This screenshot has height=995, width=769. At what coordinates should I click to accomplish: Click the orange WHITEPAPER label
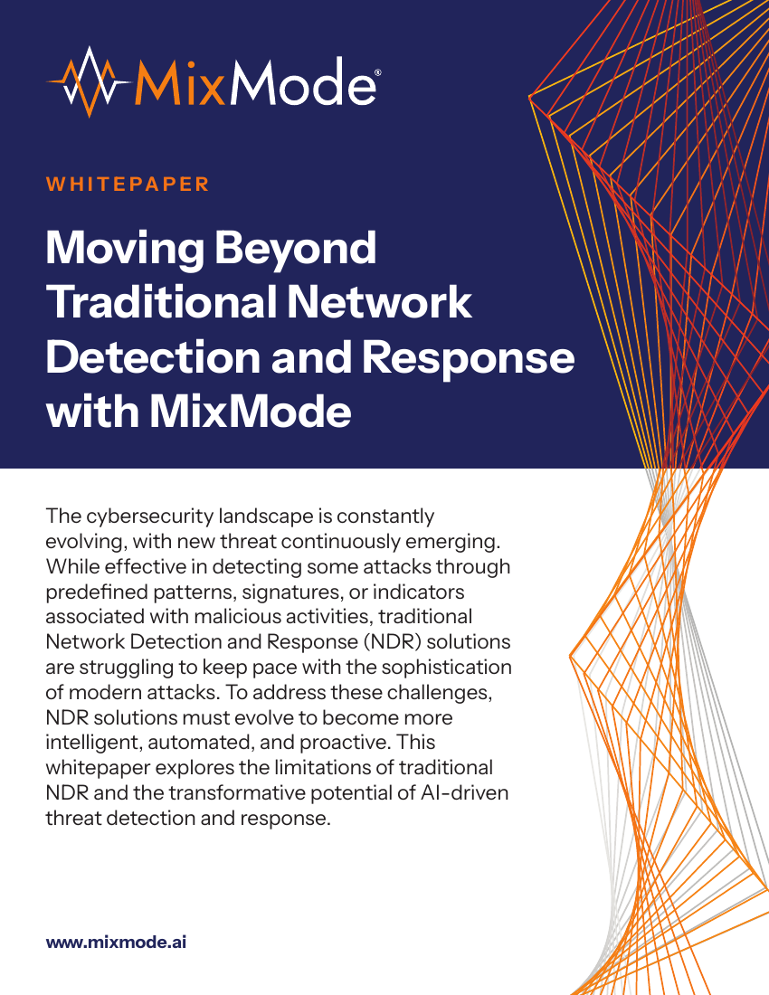(128, 184)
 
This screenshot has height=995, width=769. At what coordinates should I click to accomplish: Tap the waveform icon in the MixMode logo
(89, 82)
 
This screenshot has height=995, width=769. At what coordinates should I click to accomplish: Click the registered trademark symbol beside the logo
(378, 73)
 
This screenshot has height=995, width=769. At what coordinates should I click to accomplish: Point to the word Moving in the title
(125, 249)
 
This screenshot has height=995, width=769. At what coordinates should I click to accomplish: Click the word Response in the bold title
(469, 358)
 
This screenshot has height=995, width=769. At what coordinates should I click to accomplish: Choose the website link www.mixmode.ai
(116, 942)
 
